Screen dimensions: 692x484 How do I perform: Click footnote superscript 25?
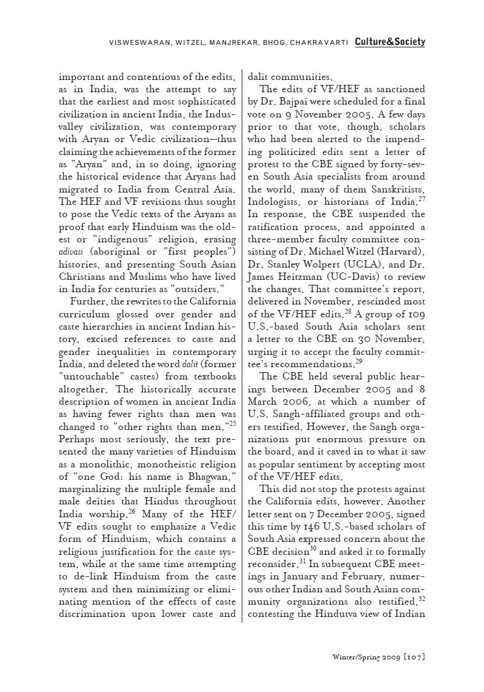tap(232, 423)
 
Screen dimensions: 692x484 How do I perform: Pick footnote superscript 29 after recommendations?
tap(359, 362)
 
